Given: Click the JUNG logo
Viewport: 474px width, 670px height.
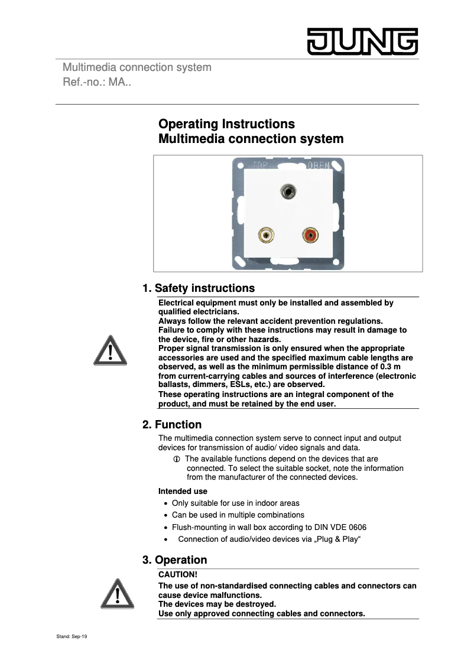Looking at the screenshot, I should [x=362, y=42].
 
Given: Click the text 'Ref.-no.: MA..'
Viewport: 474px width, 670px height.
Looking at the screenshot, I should [x=97, y=82].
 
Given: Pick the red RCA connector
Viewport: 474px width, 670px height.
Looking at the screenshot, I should [x=310, y=236].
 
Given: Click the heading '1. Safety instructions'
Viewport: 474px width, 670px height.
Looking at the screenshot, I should [x=199, y=288].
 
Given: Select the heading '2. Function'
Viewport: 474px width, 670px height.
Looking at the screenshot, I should [x=172, y=425].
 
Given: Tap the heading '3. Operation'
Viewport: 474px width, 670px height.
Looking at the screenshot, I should [x=175, y=560].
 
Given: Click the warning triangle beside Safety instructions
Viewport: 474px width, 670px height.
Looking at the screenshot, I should [x=110, y=350].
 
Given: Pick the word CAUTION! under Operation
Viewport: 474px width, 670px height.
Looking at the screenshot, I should [x=178, y=574].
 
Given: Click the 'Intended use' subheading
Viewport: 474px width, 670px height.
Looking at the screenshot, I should [x=183, y=491].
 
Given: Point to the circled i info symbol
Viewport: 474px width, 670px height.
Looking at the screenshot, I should [x=176, y=459].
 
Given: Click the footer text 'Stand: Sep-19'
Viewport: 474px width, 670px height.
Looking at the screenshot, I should [x=72, y=637].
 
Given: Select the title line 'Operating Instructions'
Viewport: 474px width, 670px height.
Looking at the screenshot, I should [x=226, y=124].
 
